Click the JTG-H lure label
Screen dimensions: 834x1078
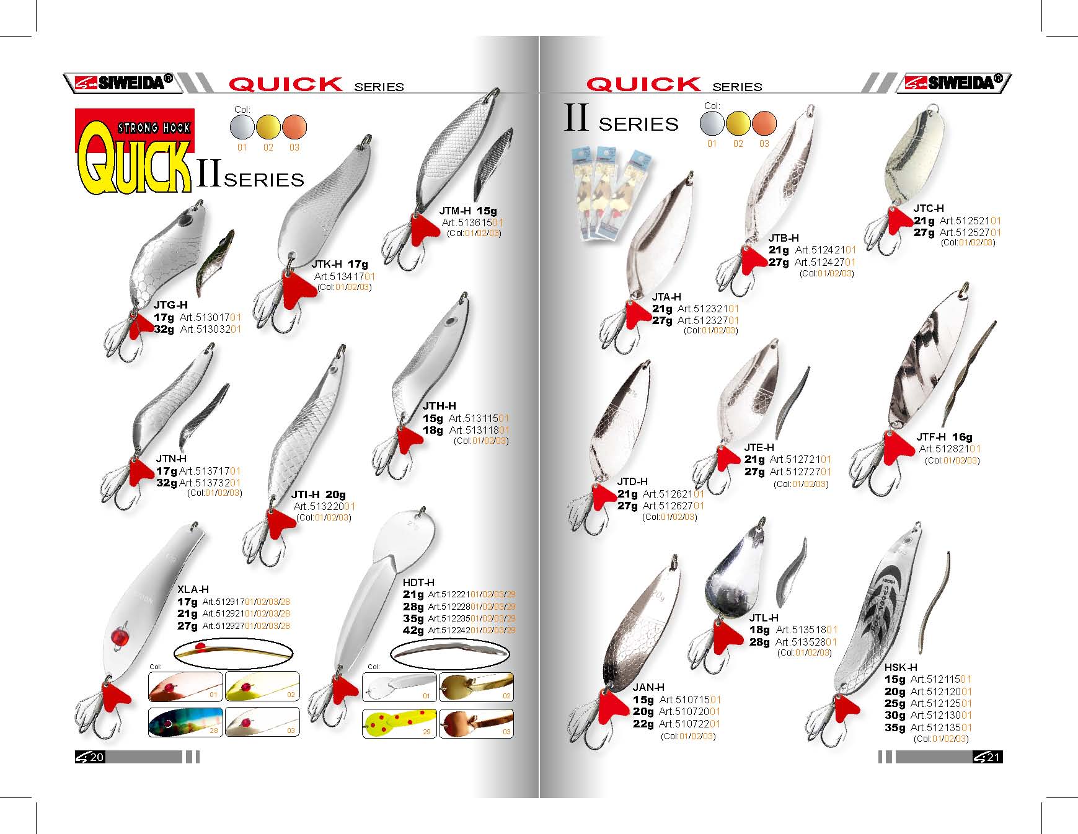(x=170, y=305)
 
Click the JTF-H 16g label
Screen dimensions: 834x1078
(x=944, y=437)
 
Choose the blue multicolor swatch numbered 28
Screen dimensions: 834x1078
(x=185, y=722)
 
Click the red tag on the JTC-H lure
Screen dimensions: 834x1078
(x=899, y=221)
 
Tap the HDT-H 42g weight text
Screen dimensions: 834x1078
(x=413, y=630)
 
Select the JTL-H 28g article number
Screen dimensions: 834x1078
(x=806, y=642)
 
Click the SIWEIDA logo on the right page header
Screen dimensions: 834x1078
(x=953, y=83)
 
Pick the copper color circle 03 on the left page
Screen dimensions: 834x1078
(x=294, y=128)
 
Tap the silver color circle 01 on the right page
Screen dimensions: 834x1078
(x=712, y=123)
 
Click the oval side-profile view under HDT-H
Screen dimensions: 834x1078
(x=449, y=653)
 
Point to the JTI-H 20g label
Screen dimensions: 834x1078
(x=319, y=494)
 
